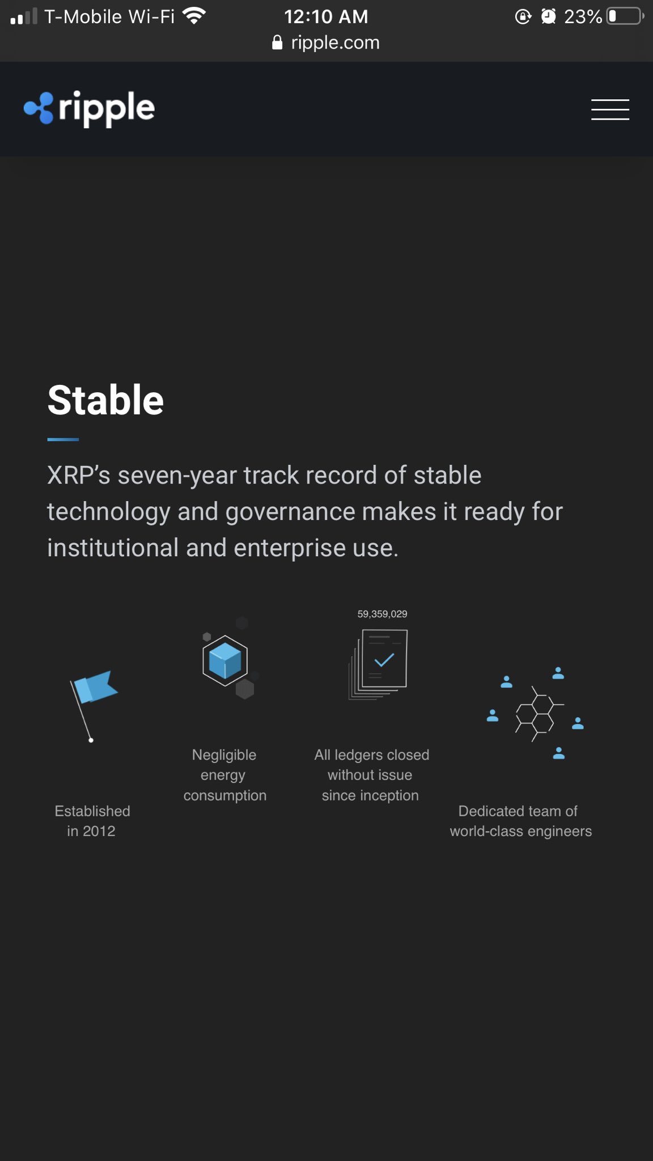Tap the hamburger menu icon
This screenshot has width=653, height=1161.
[610, 109]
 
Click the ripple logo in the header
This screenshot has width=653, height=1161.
[90, 108]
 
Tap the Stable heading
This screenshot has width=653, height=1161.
[105, 400]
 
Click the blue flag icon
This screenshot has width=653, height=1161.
[95, 687]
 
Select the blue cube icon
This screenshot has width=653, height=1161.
[225, 660]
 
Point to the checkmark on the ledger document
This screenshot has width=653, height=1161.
[384, 660]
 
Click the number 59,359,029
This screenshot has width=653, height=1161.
[382, 614]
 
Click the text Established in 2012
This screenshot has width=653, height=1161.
[92, 821]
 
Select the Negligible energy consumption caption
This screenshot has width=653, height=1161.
[224, 775]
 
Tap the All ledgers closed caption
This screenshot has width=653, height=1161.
[371, 775]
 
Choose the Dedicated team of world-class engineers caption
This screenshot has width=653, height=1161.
[520, 821]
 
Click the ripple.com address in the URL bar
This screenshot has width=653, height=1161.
[335, 43]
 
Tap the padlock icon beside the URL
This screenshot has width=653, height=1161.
[277, 43]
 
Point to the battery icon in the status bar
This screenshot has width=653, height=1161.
[625, 16]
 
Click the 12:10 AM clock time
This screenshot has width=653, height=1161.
[326, 16]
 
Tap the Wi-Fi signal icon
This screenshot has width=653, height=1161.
[194, 16]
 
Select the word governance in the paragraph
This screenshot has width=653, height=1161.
[290, 512]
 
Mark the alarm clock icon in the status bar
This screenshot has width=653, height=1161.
[548, 16]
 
